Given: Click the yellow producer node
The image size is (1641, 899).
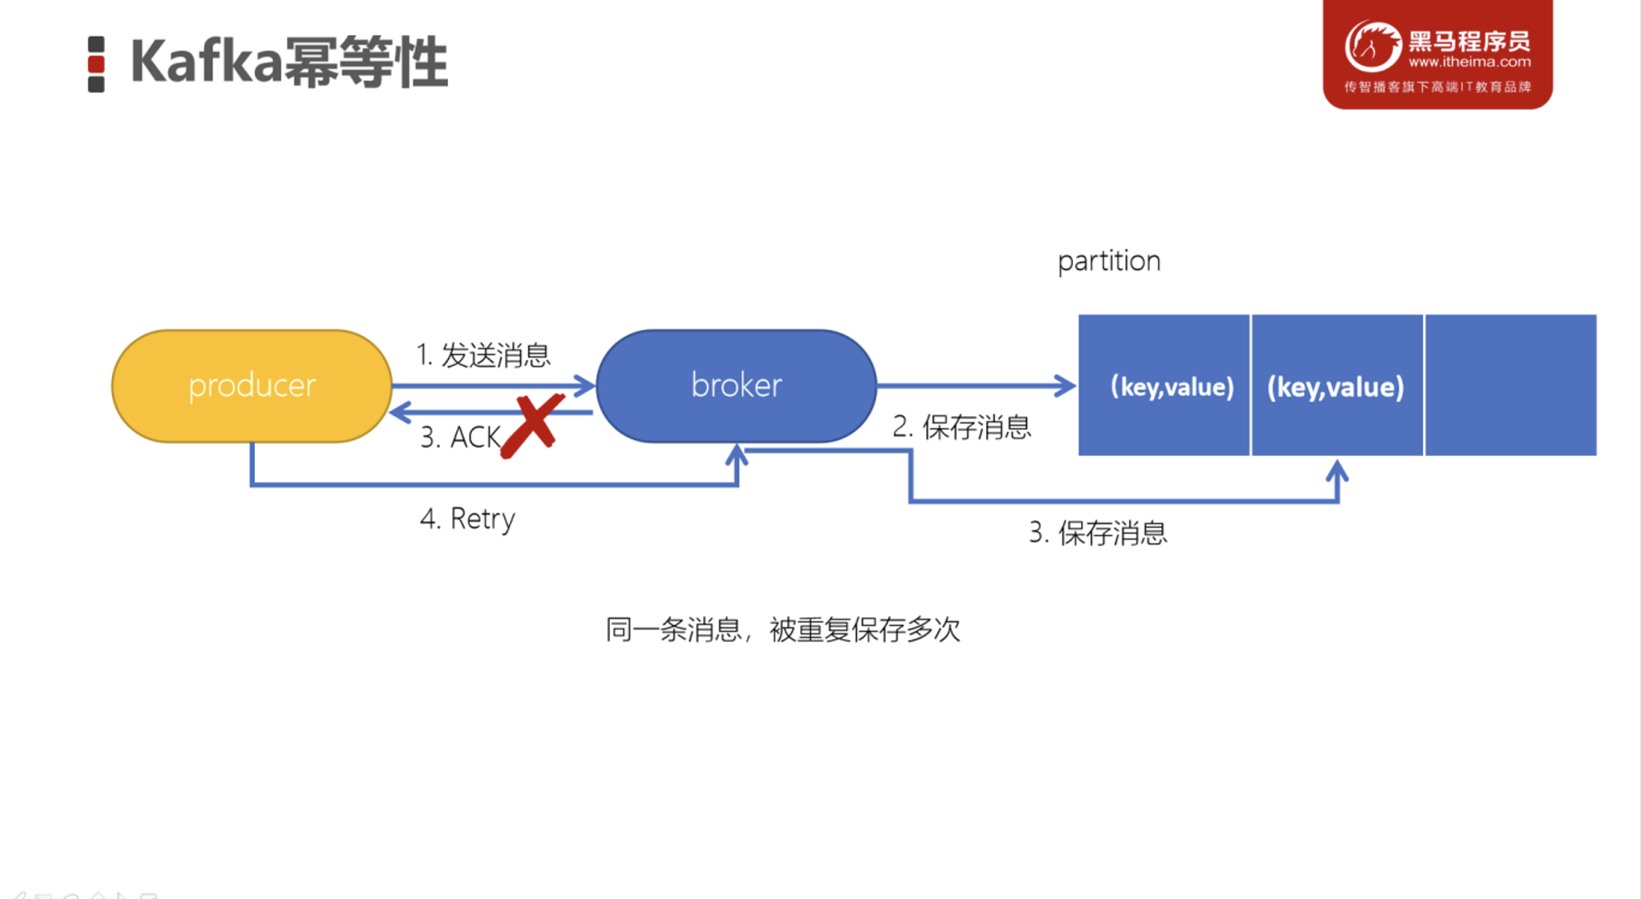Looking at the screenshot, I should [252, 386].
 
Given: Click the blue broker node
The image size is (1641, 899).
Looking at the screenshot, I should [736, 386].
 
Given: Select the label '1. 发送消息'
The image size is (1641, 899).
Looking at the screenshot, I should [483, 355].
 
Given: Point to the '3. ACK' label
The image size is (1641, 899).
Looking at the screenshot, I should [460, 438].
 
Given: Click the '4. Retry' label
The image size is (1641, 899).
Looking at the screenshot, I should [467, 519].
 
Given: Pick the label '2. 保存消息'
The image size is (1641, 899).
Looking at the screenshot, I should [961, 427].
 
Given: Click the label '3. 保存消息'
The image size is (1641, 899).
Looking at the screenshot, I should [1098, 533].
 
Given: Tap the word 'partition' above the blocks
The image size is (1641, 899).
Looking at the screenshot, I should [1109, 261].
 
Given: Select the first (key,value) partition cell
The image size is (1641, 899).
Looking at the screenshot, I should [1164, 386].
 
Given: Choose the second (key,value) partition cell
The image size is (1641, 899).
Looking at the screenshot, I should [1337, 386].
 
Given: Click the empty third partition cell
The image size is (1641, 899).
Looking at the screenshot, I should [1511, 386].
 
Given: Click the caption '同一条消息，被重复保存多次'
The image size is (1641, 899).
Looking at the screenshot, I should [782, 630].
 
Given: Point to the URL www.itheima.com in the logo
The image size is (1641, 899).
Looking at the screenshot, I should [1469, 62].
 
